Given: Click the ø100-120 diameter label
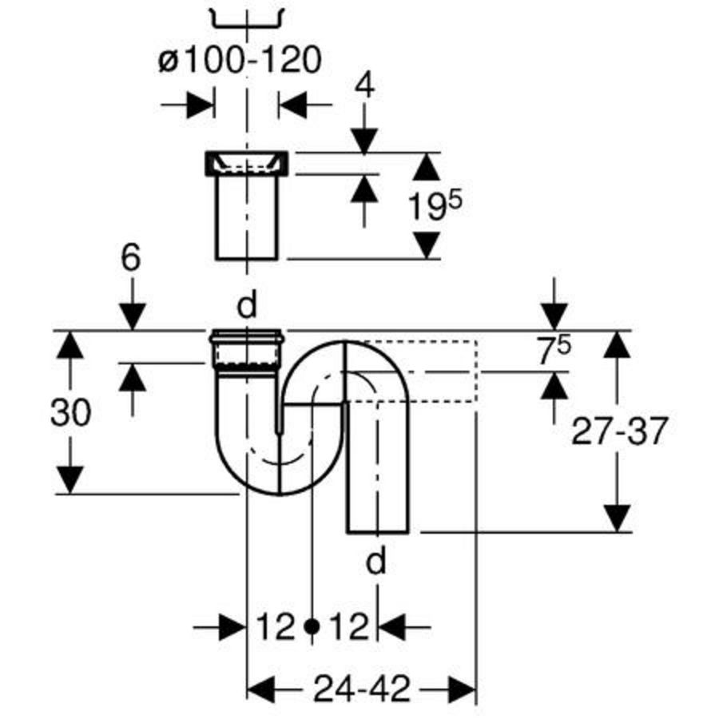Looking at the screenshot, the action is pos(240,61).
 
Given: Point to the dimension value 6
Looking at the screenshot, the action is pos(131,258).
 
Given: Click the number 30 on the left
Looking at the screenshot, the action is pos(70,412).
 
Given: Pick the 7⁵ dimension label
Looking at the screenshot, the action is pos(554,351).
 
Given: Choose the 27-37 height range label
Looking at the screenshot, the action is pos(618,431).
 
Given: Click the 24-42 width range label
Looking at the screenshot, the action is pos(361,689).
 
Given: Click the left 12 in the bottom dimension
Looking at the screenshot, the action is pos(275,626).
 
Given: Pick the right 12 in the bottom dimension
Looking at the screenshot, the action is pos(349,626).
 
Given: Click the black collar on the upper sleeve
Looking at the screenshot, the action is pos(246,163).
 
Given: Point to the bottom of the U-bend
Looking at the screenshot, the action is pos(280,495).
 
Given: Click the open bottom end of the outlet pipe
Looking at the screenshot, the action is pos(377,533).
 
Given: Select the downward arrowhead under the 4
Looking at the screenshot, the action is pos(365,141).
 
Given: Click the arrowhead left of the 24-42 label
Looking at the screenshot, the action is pos(260,689).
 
